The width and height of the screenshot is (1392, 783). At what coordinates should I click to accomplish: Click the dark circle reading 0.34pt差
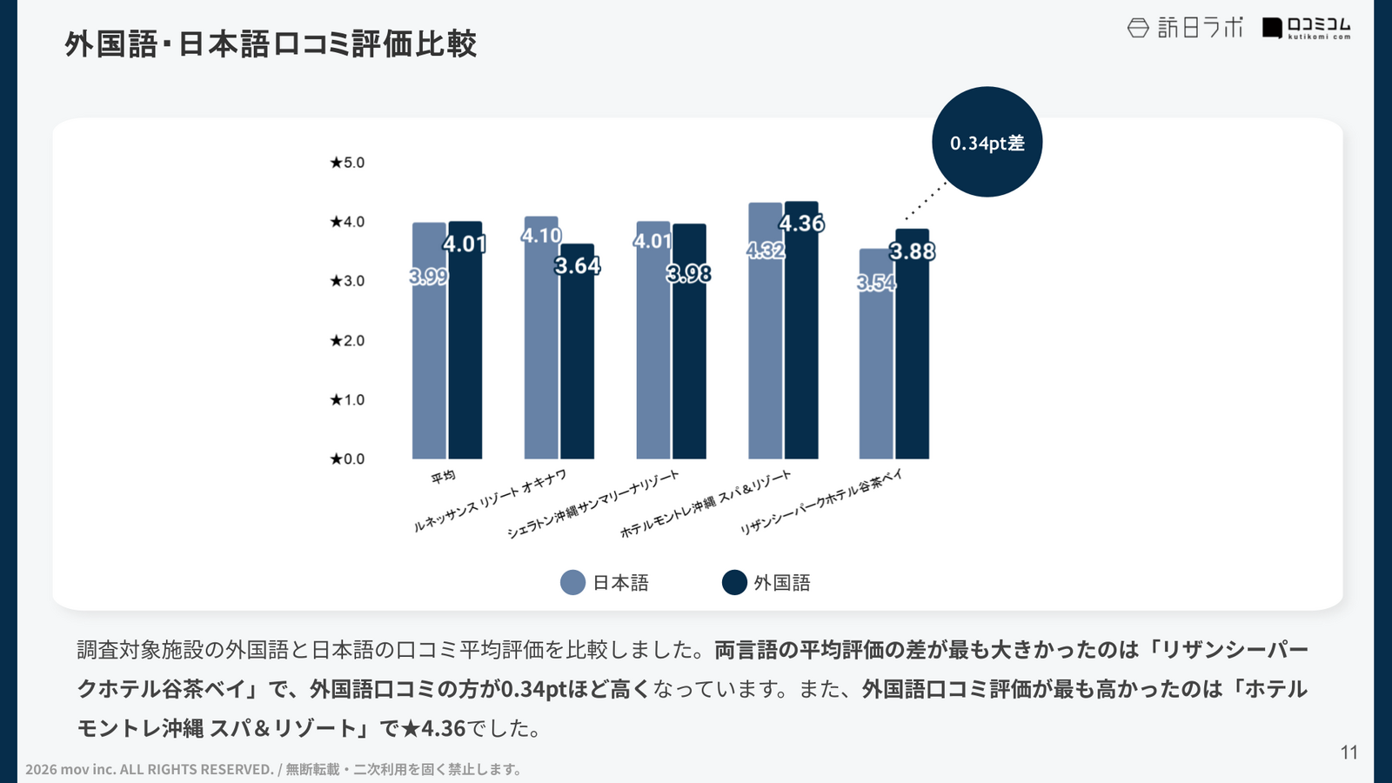(987, 142)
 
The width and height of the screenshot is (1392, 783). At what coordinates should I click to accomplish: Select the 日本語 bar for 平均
(429, 365)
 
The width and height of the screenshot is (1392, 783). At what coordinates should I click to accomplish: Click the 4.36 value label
(801, 224)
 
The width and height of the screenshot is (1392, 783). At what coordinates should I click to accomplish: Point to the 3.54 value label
(875, 283)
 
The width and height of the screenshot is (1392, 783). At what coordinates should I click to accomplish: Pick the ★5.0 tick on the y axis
(347, 163)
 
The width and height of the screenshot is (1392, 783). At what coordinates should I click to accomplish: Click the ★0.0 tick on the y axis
(347, 459)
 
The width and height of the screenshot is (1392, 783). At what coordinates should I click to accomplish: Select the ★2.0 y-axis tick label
(347, 340)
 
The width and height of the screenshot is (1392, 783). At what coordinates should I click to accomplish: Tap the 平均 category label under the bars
(443, 476)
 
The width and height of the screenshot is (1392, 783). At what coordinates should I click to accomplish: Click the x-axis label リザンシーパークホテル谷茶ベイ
(821, 501)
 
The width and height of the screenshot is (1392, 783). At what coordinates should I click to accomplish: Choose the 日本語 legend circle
(572, 582)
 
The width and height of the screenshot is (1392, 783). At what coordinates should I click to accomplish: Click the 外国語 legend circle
(734, 582)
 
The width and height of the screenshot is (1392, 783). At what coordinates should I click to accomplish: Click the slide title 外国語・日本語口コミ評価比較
(271, 44)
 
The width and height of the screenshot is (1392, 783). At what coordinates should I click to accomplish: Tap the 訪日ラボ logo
(1185, 28)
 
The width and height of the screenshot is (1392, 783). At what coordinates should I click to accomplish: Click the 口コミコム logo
(1307, 28)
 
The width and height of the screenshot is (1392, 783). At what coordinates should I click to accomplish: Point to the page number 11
(1348, 753)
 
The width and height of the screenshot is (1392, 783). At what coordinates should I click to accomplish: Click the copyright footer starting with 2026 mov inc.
(273, 769)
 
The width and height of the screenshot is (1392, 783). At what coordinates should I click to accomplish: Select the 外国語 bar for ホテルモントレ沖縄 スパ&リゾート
(801, 348)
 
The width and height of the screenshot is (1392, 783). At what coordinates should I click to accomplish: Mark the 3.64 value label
(578, 265)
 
